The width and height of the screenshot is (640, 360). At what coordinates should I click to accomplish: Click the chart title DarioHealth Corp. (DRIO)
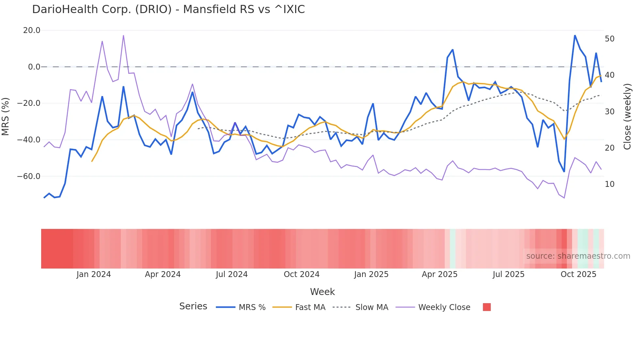point(168,9)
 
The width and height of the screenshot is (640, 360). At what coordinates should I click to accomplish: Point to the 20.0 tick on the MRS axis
point(32,30)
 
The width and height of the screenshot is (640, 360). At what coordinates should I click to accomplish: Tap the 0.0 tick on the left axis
point(34,67)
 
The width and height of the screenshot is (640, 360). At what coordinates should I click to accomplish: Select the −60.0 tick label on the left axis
point(29,176)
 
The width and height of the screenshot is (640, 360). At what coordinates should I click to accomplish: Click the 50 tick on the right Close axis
point(610,39)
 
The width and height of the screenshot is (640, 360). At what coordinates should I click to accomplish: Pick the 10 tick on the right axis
point(610,184)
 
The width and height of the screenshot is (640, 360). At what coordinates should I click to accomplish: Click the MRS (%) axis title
point(6,116)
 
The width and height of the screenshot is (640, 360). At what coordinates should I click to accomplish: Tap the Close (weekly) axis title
point(627,117)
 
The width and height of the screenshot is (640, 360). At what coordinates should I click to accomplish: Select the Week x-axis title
point(322,292)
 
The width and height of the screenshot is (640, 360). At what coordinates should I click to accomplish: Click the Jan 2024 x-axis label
point(94,274)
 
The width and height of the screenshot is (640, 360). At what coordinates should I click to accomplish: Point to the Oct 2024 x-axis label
point(301,274)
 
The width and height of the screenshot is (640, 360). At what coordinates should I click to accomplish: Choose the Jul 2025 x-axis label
point(508,274)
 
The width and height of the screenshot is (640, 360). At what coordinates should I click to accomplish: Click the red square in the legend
point(487,307)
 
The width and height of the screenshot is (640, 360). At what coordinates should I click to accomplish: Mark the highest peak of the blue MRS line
point(575,35)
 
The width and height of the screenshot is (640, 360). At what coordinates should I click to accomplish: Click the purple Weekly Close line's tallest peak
point(123,35)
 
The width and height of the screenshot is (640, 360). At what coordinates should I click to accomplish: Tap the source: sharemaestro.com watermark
point(578,256)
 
